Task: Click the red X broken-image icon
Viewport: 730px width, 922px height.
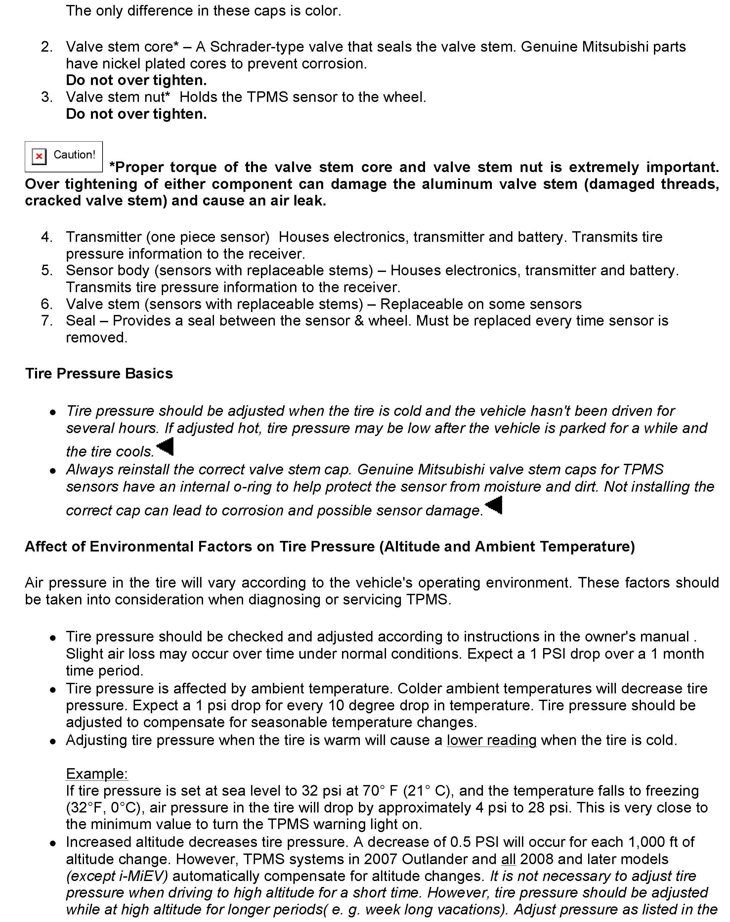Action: [39, 156]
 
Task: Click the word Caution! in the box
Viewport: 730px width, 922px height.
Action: [74, 155]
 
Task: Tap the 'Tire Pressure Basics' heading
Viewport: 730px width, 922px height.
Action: [99, 373]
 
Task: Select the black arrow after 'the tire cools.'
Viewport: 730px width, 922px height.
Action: [165, 447]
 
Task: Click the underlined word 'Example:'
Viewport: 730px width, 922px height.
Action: [97, 774]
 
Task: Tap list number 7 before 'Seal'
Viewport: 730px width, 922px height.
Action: [47, 321]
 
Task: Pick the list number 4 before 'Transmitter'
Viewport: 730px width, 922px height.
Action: [47, 237]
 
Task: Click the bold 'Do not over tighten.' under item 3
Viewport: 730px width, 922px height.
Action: [136, 114]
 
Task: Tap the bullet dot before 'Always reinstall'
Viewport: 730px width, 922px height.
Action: [53, 471]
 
